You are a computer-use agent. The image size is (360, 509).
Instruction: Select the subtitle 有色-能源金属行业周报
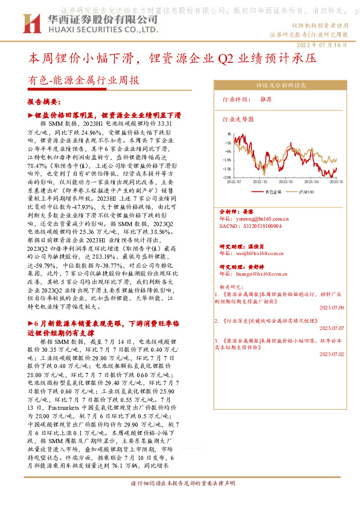point(83,81)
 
